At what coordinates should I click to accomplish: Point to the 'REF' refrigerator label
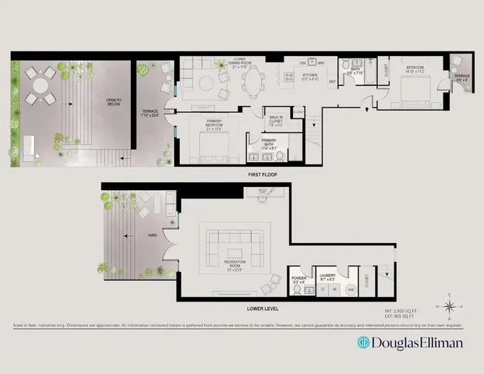coord(331,82)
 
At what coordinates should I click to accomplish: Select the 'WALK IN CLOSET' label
coord(277,119)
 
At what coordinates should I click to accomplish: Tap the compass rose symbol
coord(450,305)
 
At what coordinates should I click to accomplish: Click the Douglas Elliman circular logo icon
coord(363,342)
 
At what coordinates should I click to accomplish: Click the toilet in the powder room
coord(299,291)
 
